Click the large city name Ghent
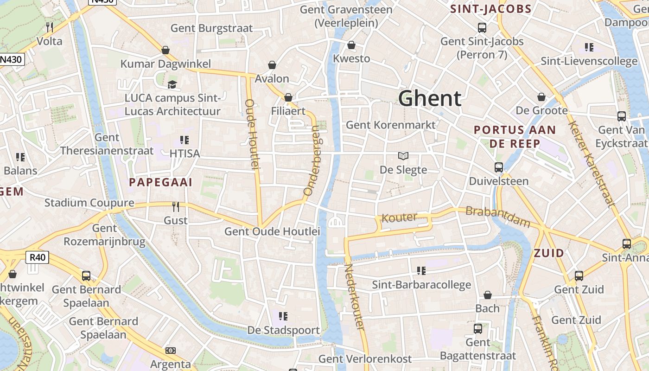430,99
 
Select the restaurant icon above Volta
50,27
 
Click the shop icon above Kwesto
351,45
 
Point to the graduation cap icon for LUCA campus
172,84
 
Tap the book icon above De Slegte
403,156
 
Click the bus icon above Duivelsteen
499,167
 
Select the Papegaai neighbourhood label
160,182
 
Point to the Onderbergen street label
312,160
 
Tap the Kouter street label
399,217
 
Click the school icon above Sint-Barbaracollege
421,270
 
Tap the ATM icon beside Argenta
171,351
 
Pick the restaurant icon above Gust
176,206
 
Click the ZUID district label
549,253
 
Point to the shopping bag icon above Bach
488,295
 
